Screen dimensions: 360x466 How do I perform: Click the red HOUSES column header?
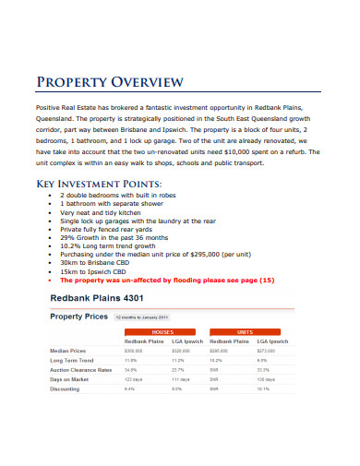pos(162,330)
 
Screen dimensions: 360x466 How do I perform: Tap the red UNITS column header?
pos(246,330)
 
